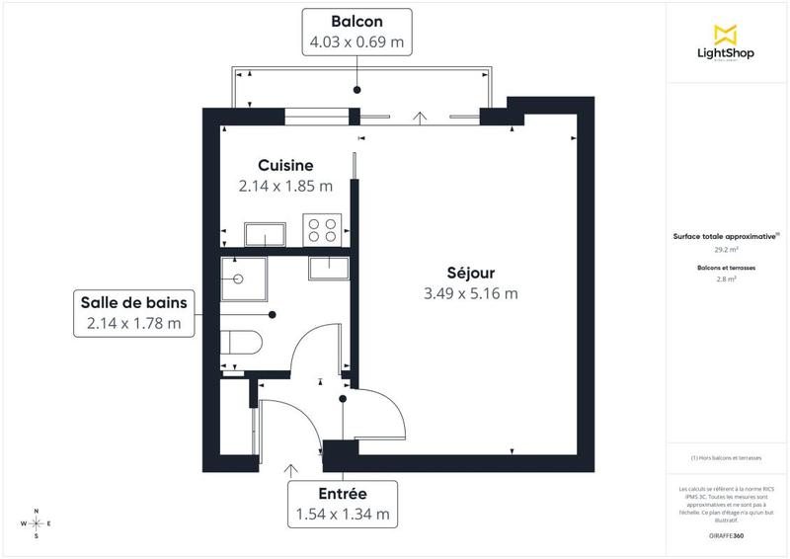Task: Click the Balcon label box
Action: click(356, 32)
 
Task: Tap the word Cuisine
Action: click(285, 165)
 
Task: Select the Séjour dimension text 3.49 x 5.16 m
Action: click(470, 292)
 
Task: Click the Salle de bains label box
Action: click(134, 312)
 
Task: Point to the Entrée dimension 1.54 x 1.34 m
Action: click(342, 514)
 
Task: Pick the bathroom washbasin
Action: click(326, 266)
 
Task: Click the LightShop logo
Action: click(727, 44)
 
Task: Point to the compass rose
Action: click(37, 523)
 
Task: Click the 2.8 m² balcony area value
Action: click(727, 279)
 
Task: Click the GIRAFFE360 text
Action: click(727, 533)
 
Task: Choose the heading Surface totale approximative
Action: click(727, 237)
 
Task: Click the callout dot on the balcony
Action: click(356, 90)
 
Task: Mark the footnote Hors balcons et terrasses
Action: click(727, 457)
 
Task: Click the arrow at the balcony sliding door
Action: click(422, 118)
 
